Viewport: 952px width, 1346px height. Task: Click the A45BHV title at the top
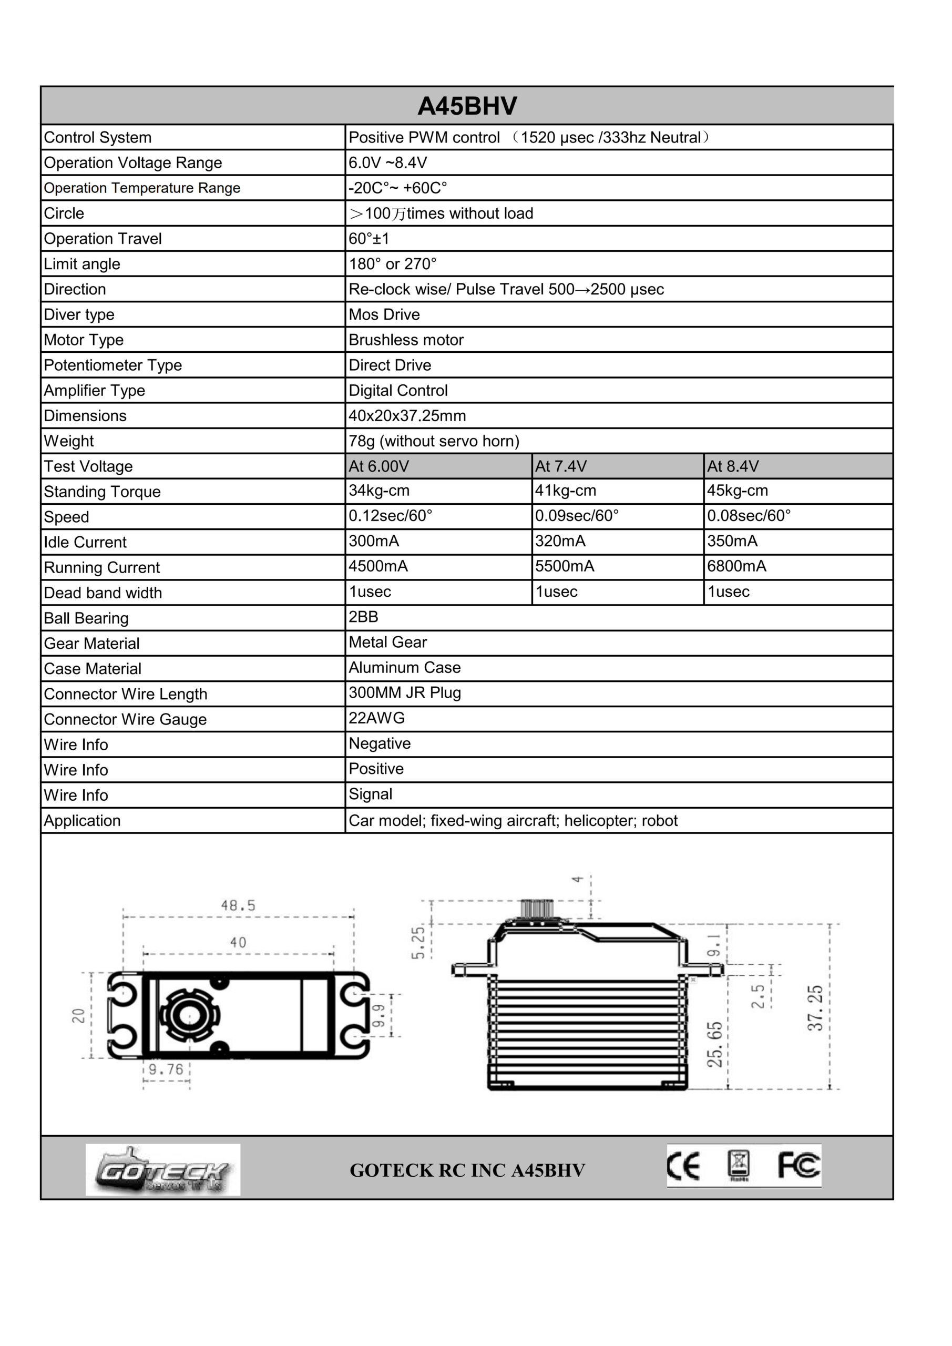pyautogui.click(x=467, y=106)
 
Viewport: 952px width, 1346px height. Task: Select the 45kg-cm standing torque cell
pyautogui.click(x=737, y=491)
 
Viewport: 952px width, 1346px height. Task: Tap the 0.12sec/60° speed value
pyautogui.click(x=391, y=516)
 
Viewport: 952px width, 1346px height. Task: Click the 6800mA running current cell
pyautogui.click(x=736, y=566)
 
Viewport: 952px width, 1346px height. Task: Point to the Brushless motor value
pyautogui.click(x=406, y=340)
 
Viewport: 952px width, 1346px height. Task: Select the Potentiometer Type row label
pyautogui.click(x=112, y=365)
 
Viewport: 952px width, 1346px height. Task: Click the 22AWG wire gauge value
pyautogui.click(x=376, y=718)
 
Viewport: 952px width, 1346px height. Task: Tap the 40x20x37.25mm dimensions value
pyautogui.click(x=407, y=416)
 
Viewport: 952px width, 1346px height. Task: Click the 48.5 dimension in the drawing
pyautogui.click(x=238, y=906)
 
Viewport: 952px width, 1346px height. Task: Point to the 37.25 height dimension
pyautogui.click(x=815, y=1008)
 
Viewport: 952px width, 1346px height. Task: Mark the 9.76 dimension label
pyautogui.click(x=166, y=1069)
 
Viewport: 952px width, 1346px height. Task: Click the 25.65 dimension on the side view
pyautogui.click(x=714, y=1045)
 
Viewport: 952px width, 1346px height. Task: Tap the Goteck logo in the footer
pyautogui.click(x=162, y=1170)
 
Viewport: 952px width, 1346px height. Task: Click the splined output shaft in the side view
pyautogui.click(x=537, y=909)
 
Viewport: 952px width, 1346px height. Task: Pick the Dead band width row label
pyautogui.click(x=103, y=593)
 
